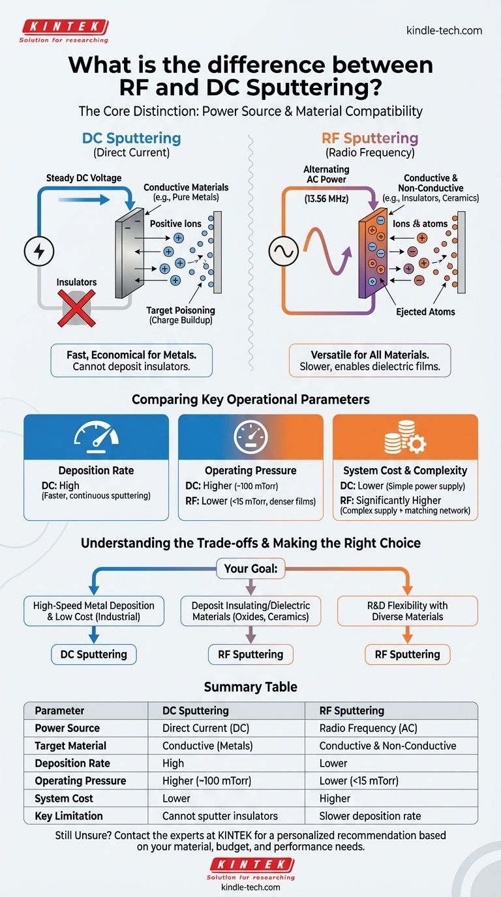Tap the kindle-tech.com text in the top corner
(x=444, y=30)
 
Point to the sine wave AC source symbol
(x=284, y=251)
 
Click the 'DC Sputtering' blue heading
(x=131, y=138)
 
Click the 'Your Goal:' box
(x=250, y=569)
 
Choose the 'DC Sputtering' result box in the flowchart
(x=94, y=654)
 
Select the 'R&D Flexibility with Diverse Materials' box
(x=407, y=611)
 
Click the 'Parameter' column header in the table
(x=60, y=711)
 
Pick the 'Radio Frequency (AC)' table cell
(x=368, y=728)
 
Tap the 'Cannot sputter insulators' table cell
(x=220, y=816)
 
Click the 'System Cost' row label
(x=64, y=798)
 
